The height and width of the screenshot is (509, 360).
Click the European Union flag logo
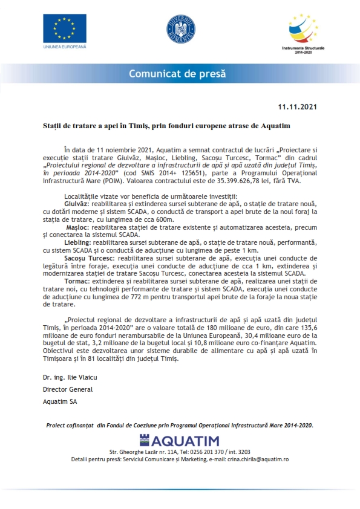tap(64, 28)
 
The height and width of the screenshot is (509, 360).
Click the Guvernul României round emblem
tap(180, 28)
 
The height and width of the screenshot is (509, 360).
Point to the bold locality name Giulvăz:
tap(76, 204)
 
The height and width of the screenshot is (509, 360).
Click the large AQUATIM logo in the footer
tap(180, 440)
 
